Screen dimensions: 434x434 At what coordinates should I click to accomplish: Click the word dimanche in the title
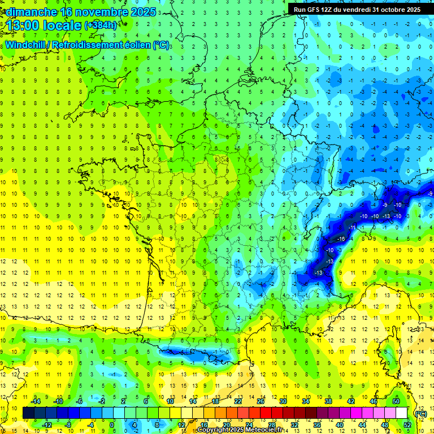[x=28, y=12]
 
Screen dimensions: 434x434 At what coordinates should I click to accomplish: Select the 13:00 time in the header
[x=22, y=25]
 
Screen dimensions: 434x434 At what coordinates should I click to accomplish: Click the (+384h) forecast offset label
[x=101, y=25]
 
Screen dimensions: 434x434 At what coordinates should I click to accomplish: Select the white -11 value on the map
[x=352, y=227]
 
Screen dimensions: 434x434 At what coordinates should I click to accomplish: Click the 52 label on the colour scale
[x=407, y=425]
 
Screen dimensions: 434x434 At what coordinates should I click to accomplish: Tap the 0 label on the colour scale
[x=112, y=425]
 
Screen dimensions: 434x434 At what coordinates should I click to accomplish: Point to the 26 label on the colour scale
[x=261, y=401]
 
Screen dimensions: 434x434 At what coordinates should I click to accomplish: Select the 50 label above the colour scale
[x=396, y=401]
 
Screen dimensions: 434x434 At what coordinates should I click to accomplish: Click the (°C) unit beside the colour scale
[x=421, y=413]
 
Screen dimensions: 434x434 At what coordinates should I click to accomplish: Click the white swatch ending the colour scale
[x=402, y=413]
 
